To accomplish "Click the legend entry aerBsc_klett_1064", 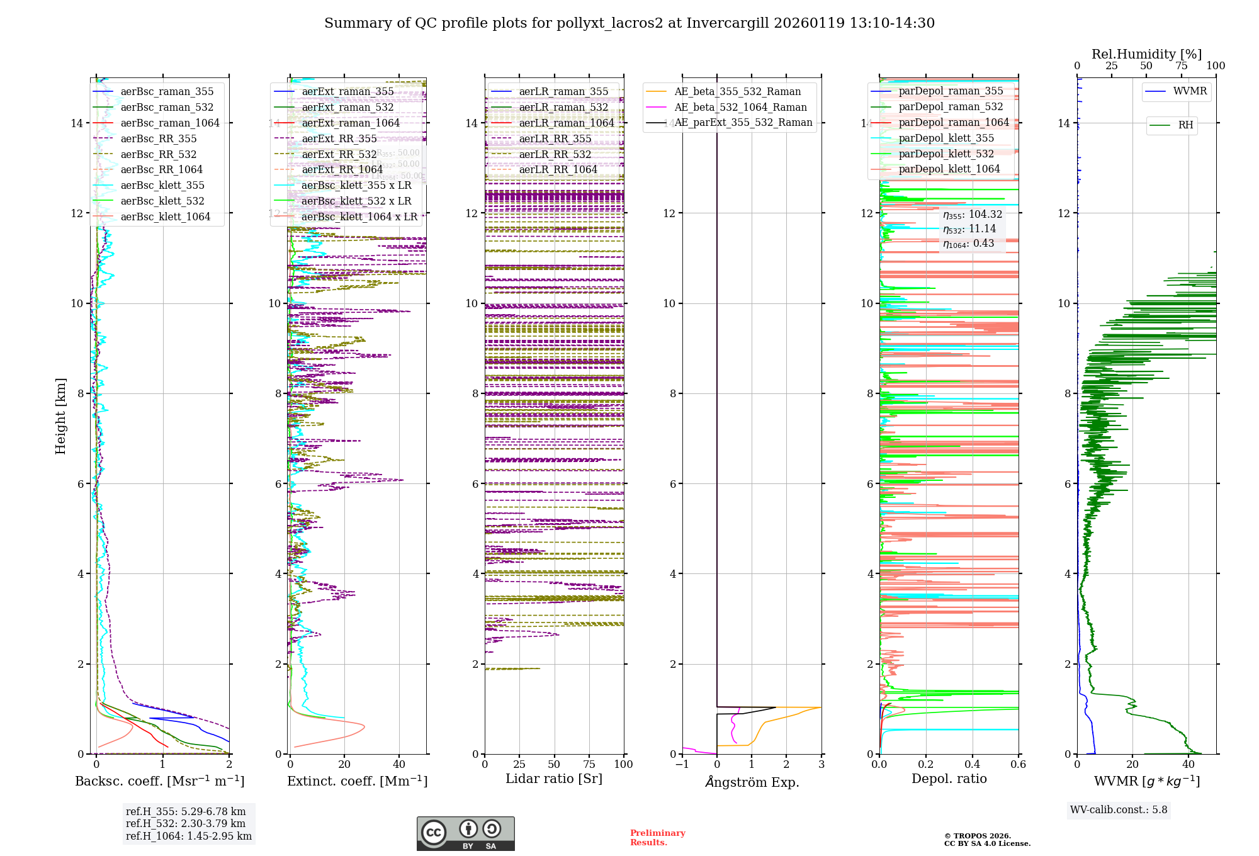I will pyautogui.click(x=165, y=217).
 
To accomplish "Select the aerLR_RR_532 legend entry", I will pyautogui.click(x=555, y=154).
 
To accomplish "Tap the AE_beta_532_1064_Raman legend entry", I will pyautogui.click(x=740, y=107).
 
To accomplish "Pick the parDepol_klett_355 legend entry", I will pyautogui.click(x=946, y=138).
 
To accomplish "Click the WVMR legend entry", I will pyautogui.click(x=1190, y=91).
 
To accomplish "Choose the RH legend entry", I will pyautogui.click(x=1185, y=125).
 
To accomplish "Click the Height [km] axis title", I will pyautogui.click(x=60, y=416).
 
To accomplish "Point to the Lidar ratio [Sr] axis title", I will pyautogui.click(x=554, y=779).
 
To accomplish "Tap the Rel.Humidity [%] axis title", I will pyautogui.click(x=1146, y=54).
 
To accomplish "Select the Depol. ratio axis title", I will pyautogui.click(x=949, y=779).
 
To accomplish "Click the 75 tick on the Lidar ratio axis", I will pyautogui.click(x=589, y=765).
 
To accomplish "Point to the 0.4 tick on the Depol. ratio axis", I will pyautogui.click(x=972, y=765).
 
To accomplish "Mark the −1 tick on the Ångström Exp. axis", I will pyautogui.click(x=682, y=765).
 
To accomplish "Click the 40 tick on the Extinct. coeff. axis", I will pyautogui.click(x=399, y=765).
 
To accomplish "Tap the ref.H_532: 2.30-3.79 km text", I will pyautogui.click(x=186, y=823).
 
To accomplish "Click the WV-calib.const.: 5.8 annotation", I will pyautogui.click(x=1119, y=810).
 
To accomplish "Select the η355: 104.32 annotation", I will pyautogui.click(x=972, y=215).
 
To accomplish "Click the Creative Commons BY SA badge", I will pyautogui.click(x=465, y=834).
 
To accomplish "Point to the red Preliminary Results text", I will pyautogui.click(x=657, y=838).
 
